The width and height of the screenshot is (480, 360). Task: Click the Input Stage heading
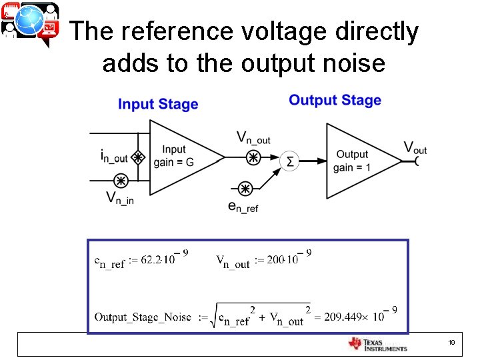(x=158, y=104)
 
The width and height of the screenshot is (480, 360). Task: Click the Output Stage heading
(x=335, y=100)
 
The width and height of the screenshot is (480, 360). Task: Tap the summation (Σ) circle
(x=289, y=161)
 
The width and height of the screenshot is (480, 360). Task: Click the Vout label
(x=415, y=148)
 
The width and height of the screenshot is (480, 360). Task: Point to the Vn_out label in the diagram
(x=253, y=138)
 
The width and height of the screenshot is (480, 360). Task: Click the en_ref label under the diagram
(x=243, y=207)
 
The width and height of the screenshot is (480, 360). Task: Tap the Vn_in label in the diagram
(x=120, y=198)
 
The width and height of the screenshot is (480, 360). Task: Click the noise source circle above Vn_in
(x=121, y=181)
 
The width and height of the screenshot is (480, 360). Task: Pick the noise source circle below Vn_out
(x=253, y=158)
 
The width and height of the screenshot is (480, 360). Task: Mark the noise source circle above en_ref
(x=245, y=189)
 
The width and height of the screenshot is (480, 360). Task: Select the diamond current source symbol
(x=138, y=158)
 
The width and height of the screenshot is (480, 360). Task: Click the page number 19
(x=451, y=343)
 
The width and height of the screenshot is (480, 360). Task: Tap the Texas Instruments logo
(x=377, y=344)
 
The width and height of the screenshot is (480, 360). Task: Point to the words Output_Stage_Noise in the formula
(x=143, y=317)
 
